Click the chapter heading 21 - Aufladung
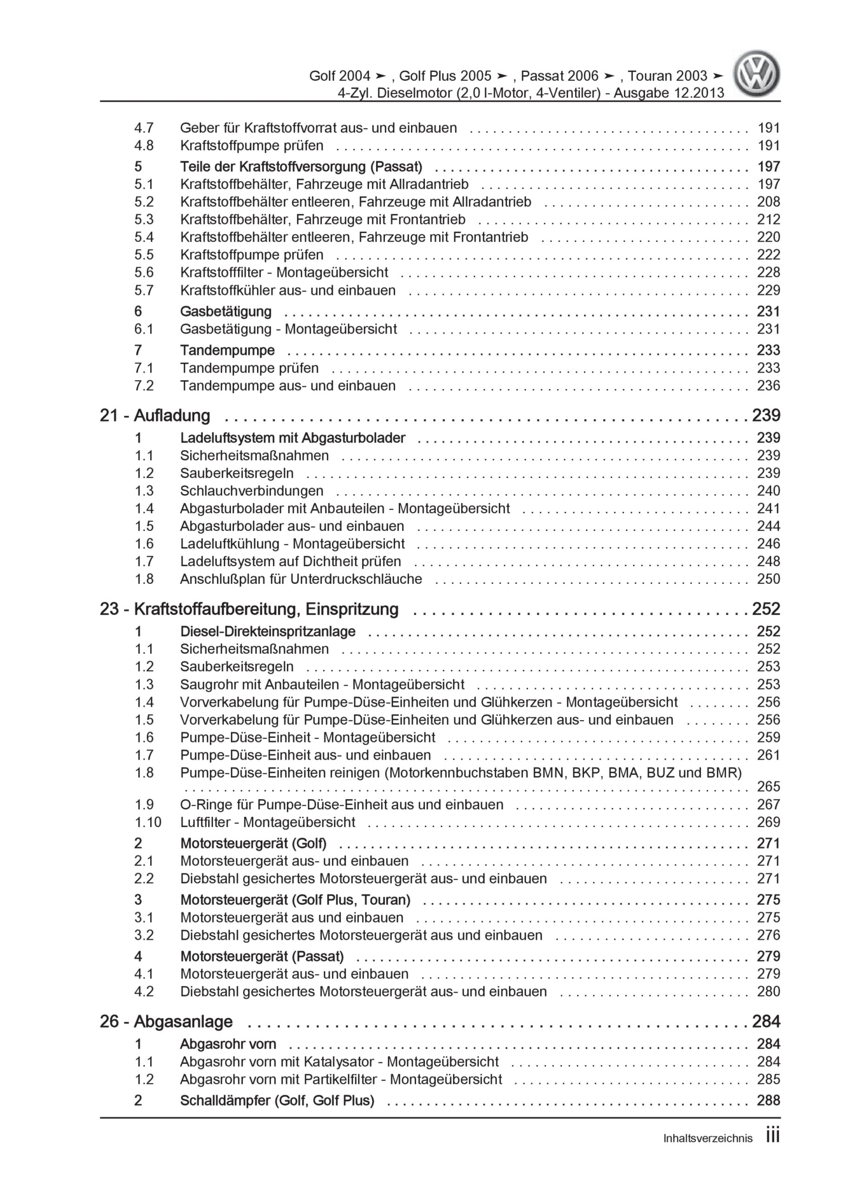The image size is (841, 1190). click(154, 416)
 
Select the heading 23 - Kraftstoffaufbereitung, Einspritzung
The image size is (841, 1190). click(249, 609)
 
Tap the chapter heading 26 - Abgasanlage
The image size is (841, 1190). click(166, 1022)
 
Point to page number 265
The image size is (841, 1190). click(768, 787)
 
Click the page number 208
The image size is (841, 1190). click(768, 202)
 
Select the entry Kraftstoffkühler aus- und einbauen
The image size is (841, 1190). click(288, 290)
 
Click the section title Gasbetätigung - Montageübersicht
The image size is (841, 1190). click(288, 329)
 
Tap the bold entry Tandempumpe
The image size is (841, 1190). click(227, 350)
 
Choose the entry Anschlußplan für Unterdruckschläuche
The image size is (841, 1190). click(301, 579)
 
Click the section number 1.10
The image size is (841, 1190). click(148, 822)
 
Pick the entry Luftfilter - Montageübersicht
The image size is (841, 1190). click(267, 822)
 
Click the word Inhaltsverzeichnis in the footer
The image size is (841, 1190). click(708, 1138)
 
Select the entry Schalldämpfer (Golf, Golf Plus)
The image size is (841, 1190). click(277, 1100)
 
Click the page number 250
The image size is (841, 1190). click(768, 579)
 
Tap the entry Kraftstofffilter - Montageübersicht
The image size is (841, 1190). click(284, 272)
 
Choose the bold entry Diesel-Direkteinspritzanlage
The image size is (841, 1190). click(267, 631)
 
